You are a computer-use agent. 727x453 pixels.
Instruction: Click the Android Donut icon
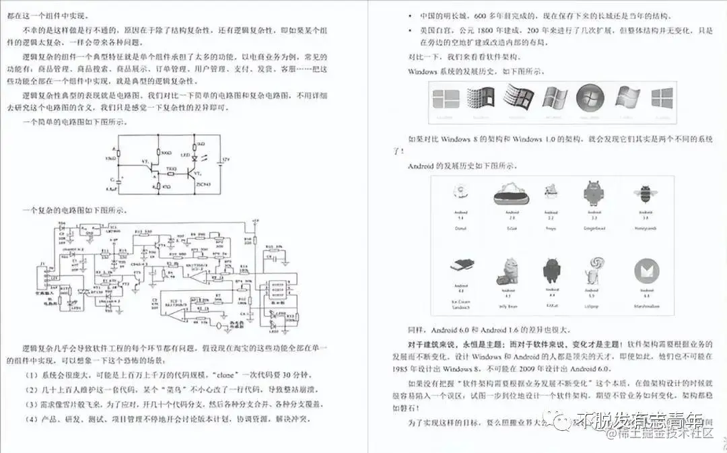click(461, 195)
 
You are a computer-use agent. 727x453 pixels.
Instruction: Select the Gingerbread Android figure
click(593, 194)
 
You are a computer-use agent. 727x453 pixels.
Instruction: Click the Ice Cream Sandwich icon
click(461, 267)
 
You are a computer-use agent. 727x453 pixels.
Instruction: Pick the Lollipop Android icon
click(593, 268)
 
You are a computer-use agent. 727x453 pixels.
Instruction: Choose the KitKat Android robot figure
click(551, 270)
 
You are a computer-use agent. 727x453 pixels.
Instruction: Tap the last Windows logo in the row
click(663, 99)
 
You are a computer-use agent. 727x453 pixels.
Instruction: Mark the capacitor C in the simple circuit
click(118, 181)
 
